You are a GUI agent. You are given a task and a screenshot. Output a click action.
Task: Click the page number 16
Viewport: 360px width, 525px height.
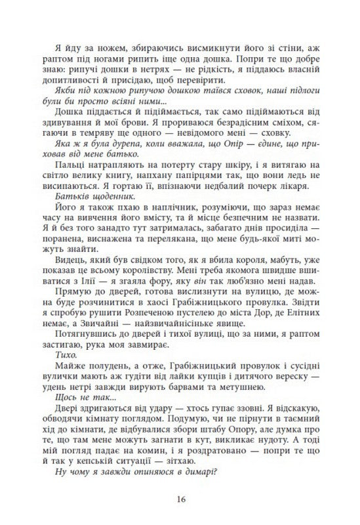[x=180, y=499]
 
